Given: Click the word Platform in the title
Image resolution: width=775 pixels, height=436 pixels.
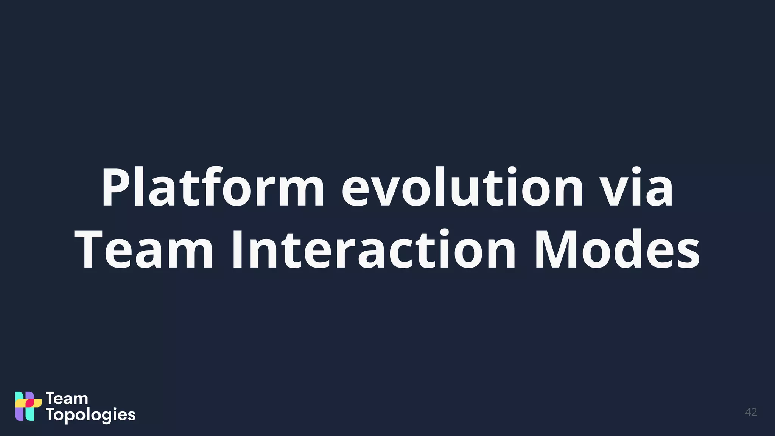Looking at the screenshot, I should (x=212, y=187).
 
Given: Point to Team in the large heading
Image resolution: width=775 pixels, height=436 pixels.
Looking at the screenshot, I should (x=144, y=249).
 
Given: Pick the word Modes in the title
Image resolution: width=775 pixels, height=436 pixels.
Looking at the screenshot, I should (x=617, y=249).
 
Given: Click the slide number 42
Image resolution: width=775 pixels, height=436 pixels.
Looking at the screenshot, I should (x=751, y=412).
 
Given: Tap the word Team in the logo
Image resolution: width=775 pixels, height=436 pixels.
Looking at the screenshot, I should (x=67, y=399).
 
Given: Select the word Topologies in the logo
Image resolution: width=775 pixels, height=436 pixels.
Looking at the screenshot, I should (x=91, y=415).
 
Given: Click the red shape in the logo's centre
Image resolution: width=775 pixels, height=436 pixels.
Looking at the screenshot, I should (x=30, y=403).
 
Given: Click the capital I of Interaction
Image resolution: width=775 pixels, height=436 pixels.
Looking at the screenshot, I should (x=237, y=249).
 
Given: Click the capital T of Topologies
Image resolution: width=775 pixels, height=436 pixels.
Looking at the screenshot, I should (x=51, y=414).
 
